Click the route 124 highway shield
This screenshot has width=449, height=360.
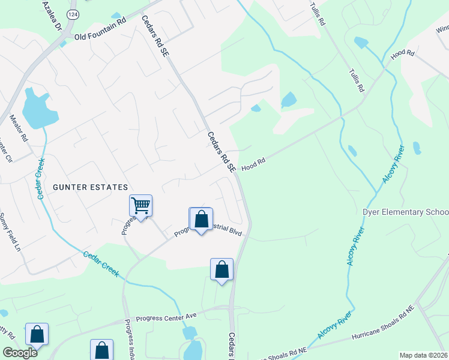click(x=73, y=14)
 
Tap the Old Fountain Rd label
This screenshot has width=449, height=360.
click(x=100, y=37)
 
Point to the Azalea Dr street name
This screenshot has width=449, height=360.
click(x=52, y=16)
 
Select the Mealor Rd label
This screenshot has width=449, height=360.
click(x=18, y=128)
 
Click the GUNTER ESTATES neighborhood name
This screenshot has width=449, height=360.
click(x=91, y=187)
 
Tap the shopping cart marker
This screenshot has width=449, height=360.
click(x=140, y=206)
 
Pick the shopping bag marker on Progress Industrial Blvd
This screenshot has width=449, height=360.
click(x=201, y=220)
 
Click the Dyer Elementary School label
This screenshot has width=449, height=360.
click(x=406, y=212)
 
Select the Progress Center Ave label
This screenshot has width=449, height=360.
click(x=167, y=316)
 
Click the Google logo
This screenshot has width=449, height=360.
click(x=19, y=352)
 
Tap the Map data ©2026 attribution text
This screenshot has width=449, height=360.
click(x=423, y=355)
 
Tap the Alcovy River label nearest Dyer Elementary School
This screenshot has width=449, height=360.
click(x=355, y=247)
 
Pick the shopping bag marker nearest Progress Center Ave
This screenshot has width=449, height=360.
click(x=221, y=270)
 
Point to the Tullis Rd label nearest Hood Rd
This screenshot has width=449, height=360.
click(x=357, y=80)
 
